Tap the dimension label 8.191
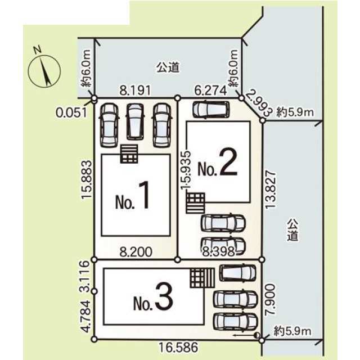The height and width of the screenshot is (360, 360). pos(135,91)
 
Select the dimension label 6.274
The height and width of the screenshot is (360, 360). pos(210,91)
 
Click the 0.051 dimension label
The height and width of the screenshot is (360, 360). pos(72,112)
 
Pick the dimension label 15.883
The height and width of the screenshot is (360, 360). pos(87,179)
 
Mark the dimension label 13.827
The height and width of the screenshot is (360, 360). pos(270,190)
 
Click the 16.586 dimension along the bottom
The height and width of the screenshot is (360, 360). pos(178,347)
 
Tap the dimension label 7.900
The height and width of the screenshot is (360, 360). pos(270,299)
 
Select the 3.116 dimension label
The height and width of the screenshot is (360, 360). pos(84,276)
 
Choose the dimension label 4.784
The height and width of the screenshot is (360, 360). pos(85,316)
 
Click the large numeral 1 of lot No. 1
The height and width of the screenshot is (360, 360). pos(145,195)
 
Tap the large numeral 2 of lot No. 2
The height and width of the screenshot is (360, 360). pos(228,161)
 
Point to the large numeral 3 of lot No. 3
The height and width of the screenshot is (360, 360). pos(164,296)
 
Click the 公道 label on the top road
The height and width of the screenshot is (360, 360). pos(168,67)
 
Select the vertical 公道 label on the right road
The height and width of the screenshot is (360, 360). pos(292,230)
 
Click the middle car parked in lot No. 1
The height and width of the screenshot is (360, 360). pos(135,121)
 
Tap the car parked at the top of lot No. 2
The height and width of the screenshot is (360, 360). pos(211,110)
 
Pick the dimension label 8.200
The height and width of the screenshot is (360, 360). pos(136,251)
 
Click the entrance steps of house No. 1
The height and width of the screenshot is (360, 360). pos(129,154)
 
